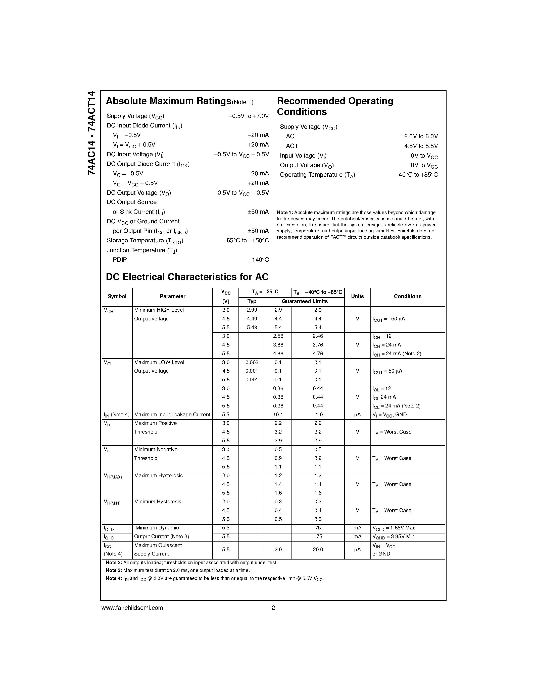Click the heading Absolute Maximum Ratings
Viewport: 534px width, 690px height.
pos(168,101)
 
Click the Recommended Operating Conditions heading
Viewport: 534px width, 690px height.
pos(335,106)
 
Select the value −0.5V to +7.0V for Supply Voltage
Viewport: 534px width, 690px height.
pos(248,116)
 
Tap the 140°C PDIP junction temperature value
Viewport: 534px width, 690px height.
pos(260,260)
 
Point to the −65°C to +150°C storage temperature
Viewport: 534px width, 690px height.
pos(246,241)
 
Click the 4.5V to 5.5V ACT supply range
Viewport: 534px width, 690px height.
pos(421,146)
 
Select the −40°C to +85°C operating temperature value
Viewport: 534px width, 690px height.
pos(416,175)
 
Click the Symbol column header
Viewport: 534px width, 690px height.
pos(117,296)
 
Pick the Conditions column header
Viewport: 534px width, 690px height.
pos(407,296)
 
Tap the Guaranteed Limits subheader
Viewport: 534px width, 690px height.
pos(305,301)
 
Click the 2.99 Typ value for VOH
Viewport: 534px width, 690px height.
pos(252,310)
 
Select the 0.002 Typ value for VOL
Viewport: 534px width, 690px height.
pos(252,362)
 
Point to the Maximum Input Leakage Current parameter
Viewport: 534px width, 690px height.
pos(172,415)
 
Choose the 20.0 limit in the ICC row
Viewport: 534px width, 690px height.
pos(318,550)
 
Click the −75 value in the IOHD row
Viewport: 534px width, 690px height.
pos(318,536)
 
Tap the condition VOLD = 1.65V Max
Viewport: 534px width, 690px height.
pos(394,528)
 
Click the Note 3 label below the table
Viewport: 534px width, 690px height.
pos(114,570)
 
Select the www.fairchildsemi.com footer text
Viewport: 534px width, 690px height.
pos(132,608)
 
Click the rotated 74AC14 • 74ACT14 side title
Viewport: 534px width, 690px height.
pos(91,133)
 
